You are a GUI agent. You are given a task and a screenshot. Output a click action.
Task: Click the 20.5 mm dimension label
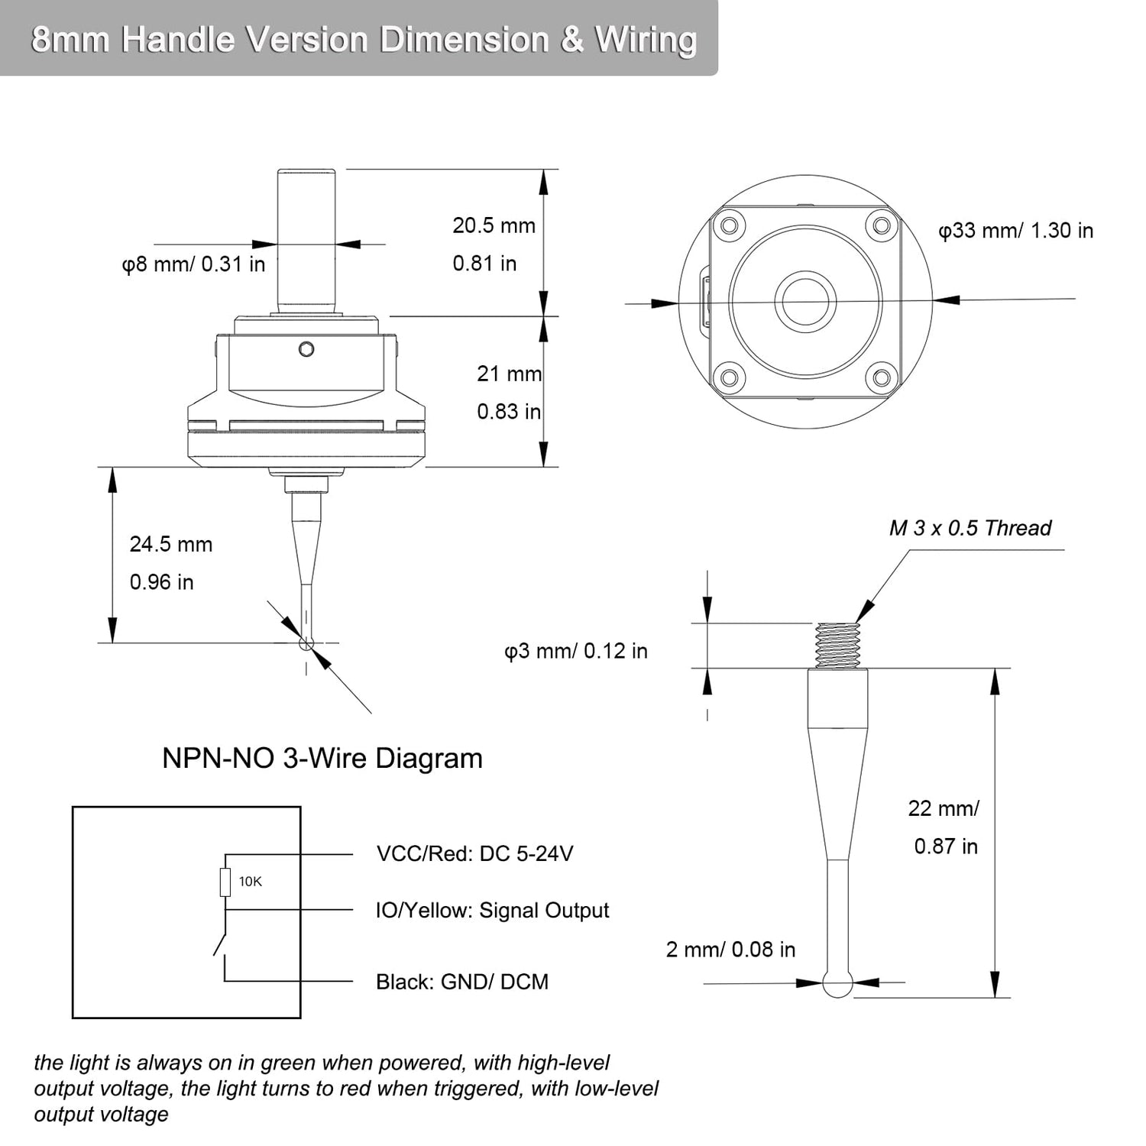pyautogui.click(x=494, y=225)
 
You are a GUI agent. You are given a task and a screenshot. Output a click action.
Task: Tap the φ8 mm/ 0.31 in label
pyautogui.click(x=194, y=264)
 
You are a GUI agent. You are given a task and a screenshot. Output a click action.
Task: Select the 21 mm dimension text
pyautogui.click(x=509, y=374)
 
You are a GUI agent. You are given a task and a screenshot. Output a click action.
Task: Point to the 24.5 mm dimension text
pyautogui.click(x=171, y=544)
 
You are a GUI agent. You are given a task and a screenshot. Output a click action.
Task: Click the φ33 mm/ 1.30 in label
pyautogui.click(x=1015, y=231)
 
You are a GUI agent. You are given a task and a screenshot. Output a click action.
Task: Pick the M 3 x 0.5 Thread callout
pyautogui.click(x=970, y=528)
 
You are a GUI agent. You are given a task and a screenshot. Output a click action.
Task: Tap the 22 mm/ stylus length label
pyautogui.click(x=944, y=808)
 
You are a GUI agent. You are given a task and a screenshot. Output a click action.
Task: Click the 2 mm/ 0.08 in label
pyautogui.click(x=730, y=950)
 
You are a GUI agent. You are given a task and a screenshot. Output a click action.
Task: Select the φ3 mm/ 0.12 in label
pyautogui.click(x=576, y=651)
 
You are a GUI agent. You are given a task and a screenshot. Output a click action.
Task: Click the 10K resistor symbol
pyautogui.click(x=225, y=882)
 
